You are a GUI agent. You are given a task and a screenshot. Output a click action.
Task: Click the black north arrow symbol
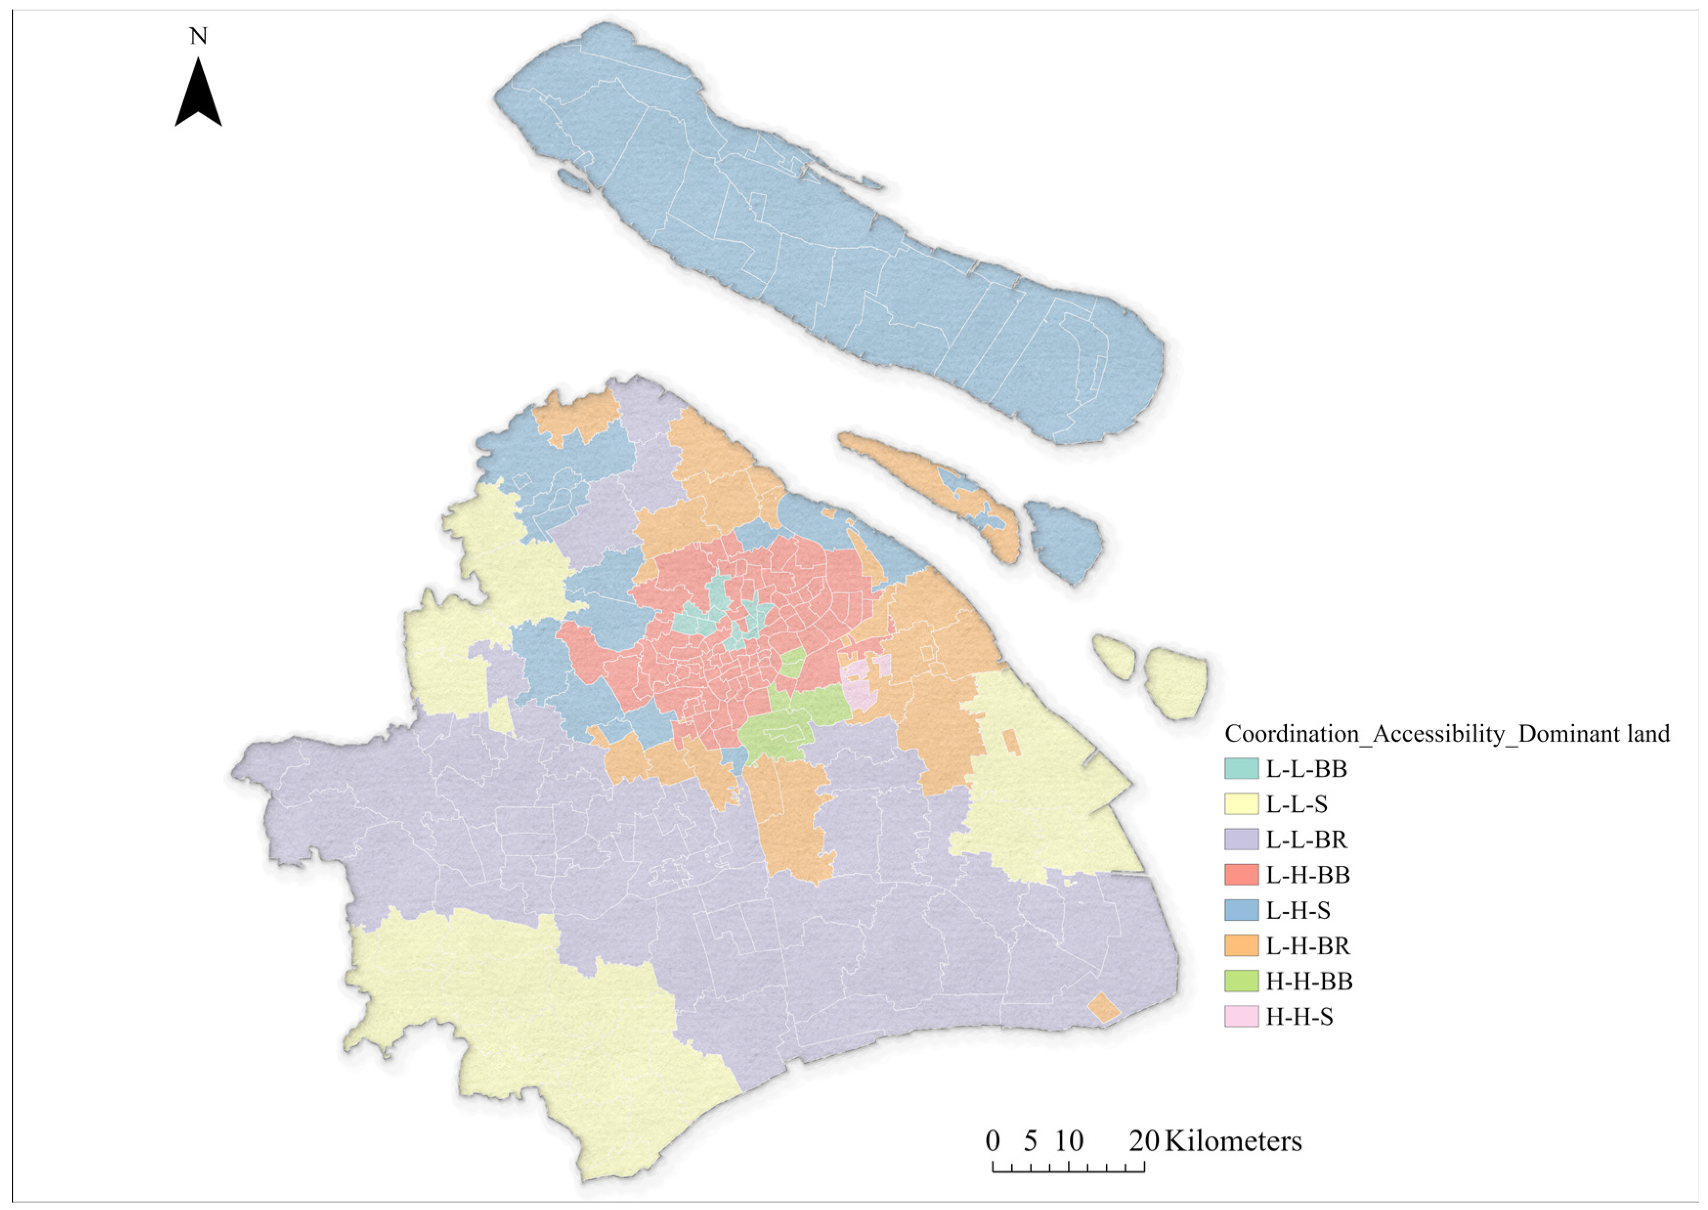(x=198, y=95)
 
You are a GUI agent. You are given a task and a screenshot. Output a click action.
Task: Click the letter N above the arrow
(x=198, y=36)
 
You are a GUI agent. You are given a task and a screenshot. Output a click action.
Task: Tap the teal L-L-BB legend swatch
(x=1241, y=768)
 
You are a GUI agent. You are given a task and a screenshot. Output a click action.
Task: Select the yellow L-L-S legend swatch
(x=1241, y=804)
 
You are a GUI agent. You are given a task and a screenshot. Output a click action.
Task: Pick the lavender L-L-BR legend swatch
(x=1241, y=840)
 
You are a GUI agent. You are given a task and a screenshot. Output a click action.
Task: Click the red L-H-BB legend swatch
(x=1241, y=875)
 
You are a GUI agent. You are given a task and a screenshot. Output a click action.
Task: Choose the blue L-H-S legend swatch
(x=1241, y=910)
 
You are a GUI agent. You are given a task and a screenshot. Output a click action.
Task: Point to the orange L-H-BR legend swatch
(x=1241, y=946)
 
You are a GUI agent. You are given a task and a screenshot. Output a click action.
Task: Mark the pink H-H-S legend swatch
(x=1241, y=1017)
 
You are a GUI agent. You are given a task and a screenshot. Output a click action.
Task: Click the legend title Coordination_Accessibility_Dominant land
(x=1447, y=734)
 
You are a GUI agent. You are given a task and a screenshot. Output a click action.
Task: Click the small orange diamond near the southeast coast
(x=1103, y=1008)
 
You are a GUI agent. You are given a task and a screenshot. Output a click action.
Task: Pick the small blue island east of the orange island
(x=1064, y=538)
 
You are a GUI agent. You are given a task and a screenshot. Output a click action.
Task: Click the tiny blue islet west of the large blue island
(x=572, y=179)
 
